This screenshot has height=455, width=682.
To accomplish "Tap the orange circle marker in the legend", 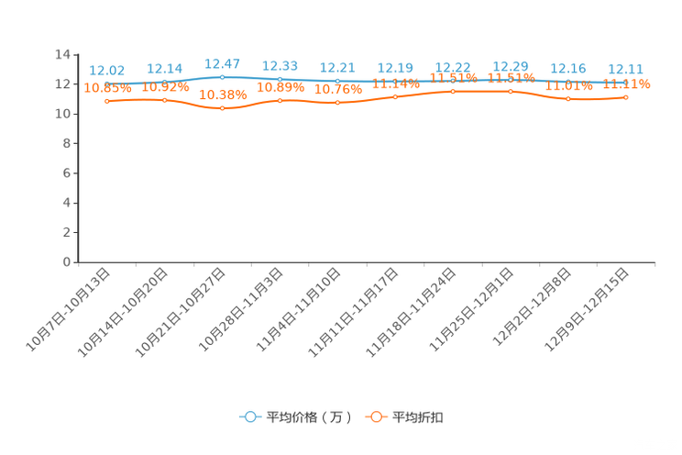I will (x=375, y=416).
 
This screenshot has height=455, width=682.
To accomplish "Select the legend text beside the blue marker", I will (x=308, y=417).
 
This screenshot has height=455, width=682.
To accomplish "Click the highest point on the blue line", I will (x=223, y=77).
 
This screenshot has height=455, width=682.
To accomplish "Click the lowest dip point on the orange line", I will (x=223, y=107).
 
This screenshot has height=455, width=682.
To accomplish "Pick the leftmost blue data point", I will (x=107, y=83).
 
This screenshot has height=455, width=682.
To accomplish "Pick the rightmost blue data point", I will (x=626, y=82).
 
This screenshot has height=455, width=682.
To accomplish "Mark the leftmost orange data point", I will (x=107, y=100).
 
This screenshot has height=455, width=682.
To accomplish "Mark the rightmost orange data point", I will (x=626, y=96).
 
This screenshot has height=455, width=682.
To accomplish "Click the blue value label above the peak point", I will (x=223, y=63).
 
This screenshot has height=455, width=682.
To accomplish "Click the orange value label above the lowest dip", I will (x=223, y=94).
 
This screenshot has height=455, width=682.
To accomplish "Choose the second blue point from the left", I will (x=165, y=82).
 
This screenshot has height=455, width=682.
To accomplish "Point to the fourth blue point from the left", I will (x=280, y=79).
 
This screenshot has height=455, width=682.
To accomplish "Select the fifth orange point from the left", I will (x=338, y=102).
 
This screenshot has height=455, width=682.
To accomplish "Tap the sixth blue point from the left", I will (x=396, y=81).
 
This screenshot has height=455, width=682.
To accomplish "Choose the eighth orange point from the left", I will (x=511, y=92).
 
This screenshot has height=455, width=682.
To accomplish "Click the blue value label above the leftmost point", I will (x=107, y=70).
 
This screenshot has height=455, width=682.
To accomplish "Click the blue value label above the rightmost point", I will (x=626, y=68).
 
